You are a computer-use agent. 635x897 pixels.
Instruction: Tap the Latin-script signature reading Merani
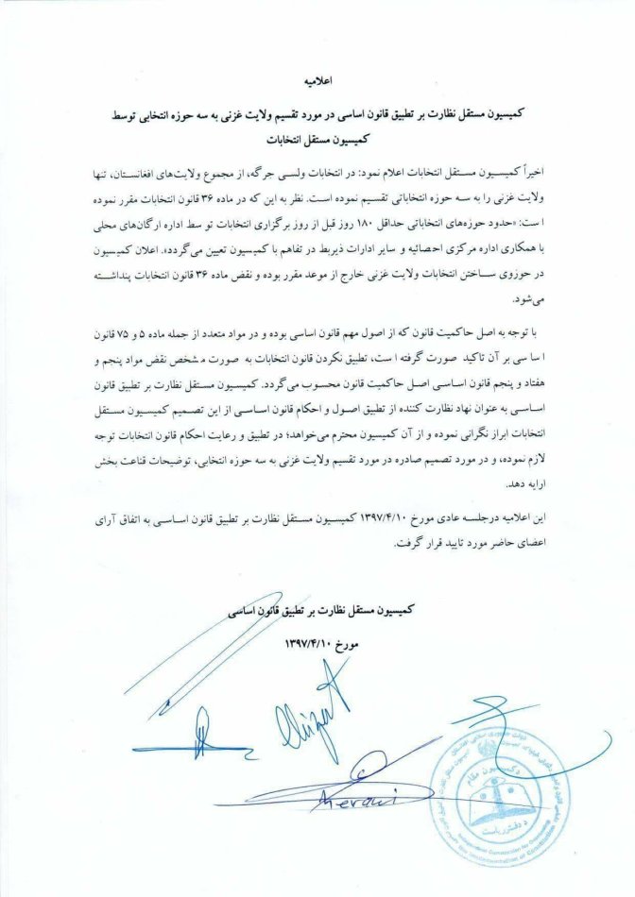364,800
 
